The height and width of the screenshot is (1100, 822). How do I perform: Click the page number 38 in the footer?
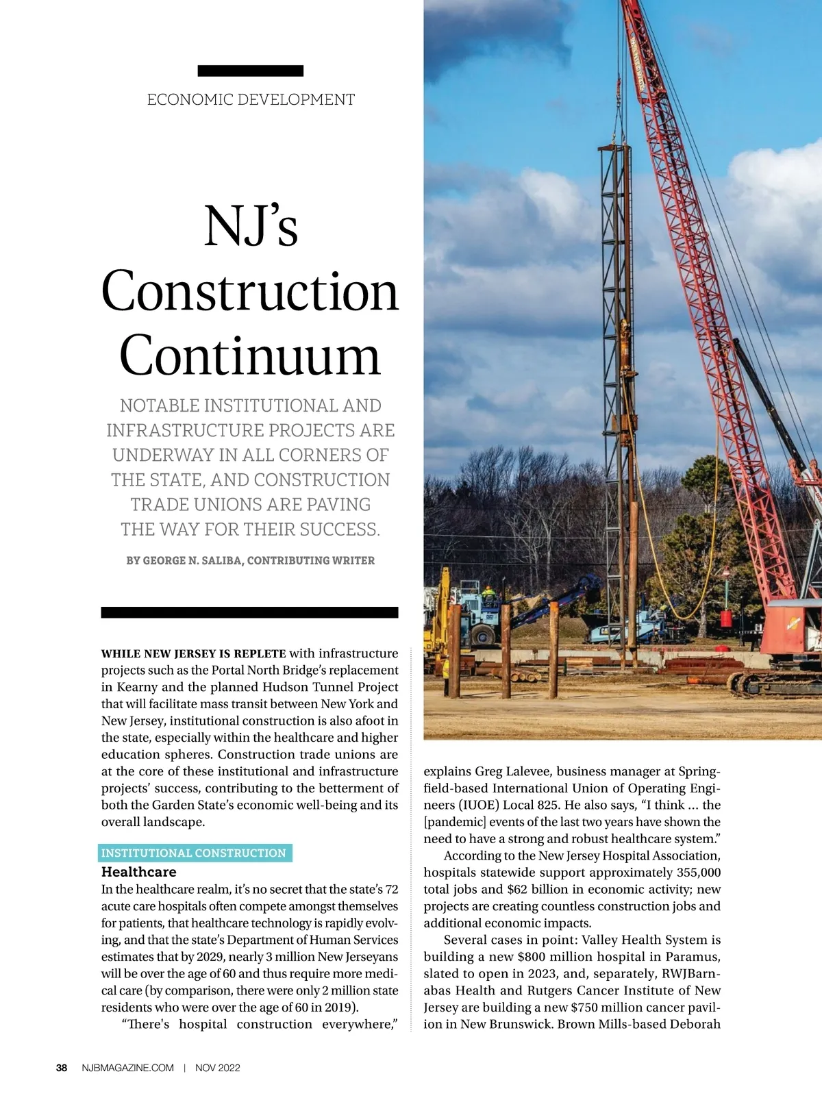(62, 1068)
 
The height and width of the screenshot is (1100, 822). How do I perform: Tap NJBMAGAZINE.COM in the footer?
(127, 1068)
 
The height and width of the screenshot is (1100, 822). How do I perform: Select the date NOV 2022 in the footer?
(217, 1068)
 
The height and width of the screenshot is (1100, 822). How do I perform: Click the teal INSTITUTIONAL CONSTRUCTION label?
(194, 853)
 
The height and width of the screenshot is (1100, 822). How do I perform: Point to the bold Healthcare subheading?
(138, 872)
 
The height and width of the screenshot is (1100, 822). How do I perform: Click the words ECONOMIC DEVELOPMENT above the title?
(251, 100)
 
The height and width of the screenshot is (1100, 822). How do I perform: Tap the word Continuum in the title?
(250, 355)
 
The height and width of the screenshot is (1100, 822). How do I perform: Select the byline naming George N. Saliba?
(250, 560)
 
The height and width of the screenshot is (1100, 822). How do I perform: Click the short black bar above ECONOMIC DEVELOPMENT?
(250, 71)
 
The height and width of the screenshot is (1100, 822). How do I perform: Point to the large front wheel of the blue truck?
(482, 634)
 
